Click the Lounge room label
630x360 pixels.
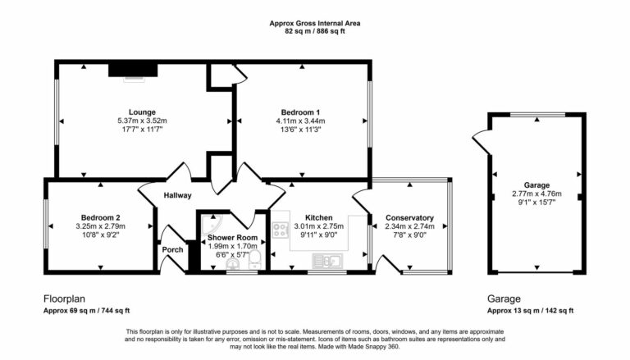click(142, 112)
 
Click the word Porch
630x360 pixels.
click(172, 250)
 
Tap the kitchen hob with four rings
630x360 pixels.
click(281, 230)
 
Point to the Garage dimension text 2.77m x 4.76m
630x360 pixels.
click(536, 194)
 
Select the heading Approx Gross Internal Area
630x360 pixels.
click(315, 24)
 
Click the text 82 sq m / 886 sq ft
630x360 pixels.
click(315, 32)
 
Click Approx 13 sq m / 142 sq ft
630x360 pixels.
click(530, 311)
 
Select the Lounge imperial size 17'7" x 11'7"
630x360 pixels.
click(142, 130)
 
